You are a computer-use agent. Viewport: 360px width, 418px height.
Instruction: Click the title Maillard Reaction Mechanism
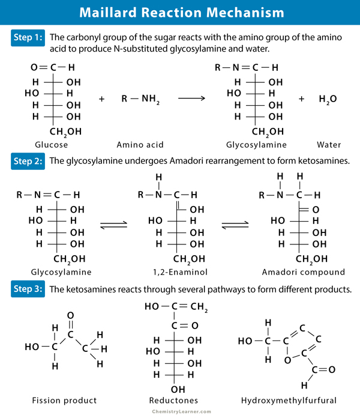tap(180, 12)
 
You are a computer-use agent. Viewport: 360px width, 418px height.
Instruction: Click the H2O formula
tap(328, 98)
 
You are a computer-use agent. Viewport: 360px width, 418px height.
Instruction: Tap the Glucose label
tap(52, 145)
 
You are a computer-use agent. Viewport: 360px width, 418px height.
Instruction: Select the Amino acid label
tap(140, 145)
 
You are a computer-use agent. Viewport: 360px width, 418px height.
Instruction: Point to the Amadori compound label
tap(295, 272)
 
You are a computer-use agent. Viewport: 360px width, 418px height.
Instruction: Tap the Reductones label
tap(174, 400)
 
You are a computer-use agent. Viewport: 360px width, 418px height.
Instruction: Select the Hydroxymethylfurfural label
tap(286, 400)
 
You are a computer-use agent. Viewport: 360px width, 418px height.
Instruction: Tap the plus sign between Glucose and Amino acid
tap(101, 98)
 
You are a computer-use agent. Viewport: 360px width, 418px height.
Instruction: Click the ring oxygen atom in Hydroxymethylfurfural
tap(287, 360)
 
